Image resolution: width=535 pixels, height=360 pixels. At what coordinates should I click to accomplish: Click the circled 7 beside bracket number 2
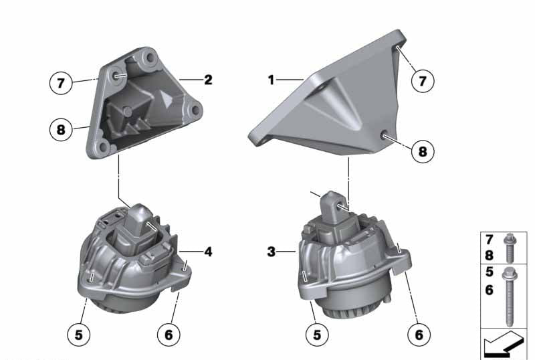[x=61, y=83]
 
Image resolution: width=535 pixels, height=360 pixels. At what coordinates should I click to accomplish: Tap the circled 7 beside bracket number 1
[x=423, y=81]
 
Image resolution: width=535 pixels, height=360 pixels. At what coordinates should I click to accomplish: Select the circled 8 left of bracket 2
[x=61, y=130]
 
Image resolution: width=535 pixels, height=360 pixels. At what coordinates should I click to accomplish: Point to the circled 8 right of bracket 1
[x=423, y=151]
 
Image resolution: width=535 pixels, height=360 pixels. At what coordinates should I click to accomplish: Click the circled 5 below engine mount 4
[x=78, y=335]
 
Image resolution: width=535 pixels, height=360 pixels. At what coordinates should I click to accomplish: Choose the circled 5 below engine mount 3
[x=317, y=335]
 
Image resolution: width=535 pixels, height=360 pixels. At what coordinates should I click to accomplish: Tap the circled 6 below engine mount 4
[x=169, y=335]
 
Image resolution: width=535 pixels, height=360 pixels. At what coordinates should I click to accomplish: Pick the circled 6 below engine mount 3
[x=419, y=335]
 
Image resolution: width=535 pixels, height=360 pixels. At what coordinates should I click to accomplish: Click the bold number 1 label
[x=271, y=80]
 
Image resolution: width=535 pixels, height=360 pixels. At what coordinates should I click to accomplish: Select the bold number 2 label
[x=208, y=80]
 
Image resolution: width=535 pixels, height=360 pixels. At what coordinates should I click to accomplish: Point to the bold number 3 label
[x=272, y=252]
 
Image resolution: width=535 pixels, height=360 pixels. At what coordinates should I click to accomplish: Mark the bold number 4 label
[x=208, y=252]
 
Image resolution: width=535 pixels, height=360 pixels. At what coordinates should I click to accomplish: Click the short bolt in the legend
[x=510, y=248]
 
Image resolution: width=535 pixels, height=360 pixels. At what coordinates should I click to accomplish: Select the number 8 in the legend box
[x=490, y=255]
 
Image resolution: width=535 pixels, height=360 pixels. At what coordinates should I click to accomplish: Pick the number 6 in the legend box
[x=490, y=290]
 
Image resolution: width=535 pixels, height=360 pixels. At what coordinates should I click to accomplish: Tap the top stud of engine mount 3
[x=332, y=204]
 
